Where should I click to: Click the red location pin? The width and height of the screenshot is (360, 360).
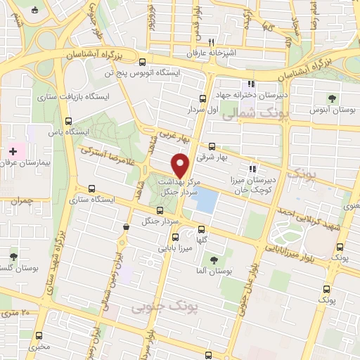click(x=181, y=166)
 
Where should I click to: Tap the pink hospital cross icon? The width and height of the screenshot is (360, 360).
click(x=13, y=151)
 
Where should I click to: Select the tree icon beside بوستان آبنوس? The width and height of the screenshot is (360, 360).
click(x=332, y=98)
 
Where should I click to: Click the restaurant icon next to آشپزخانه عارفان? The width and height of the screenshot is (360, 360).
click(x=221, y=41)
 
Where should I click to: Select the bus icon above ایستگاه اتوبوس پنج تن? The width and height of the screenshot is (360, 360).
click(x=143, y=61)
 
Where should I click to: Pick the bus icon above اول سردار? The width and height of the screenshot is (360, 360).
click(x=202, y=98)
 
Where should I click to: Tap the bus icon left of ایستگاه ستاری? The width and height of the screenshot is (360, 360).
click(x=93, y=188)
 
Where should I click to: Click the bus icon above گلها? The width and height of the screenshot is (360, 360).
click(x=202, y=229)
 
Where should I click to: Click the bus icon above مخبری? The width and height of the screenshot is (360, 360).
click(x=38, y=335)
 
